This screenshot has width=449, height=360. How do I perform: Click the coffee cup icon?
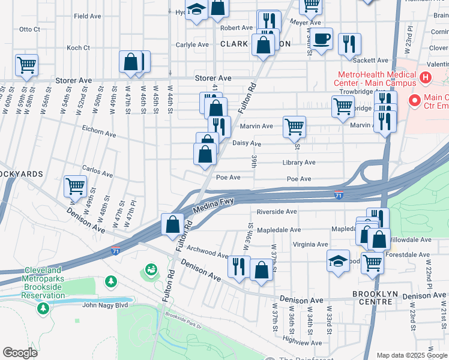tap(322, 38)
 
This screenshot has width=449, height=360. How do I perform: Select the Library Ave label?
tap(299, 163)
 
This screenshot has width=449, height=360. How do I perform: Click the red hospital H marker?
tap(426, 77)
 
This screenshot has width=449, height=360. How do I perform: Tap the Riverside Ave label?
tap(277, 212)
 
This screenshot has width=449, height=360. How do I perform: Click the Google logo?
tap(20, 353)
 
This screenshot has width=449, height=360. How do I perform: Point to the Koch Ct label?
tap(78, 47)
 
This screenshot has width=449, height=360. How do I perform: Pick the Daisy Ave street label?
tap(247, 144)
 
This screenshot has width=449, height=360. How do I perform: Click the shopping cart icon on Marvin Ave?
tap(294, 127)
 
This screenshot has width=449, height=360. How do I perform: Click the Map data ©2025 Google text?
tap(411, 355)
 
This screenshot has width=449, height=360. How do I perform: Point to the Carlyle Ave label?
tap(192, 44)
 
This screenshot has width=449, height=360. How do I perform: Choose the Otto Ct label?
tap(29, 29)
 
